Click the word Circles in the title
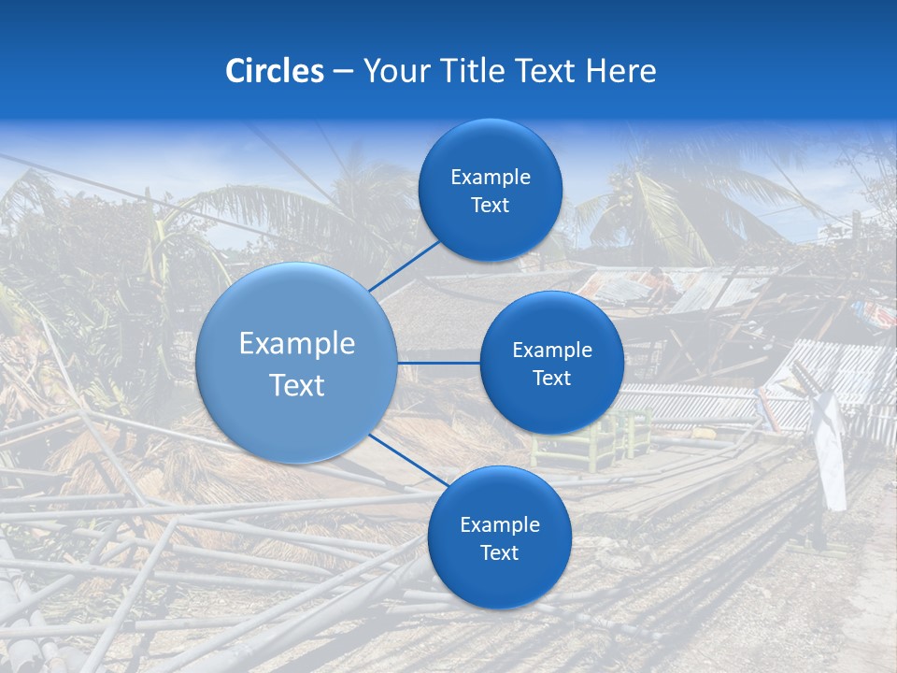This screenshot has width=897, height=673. pos(275,71)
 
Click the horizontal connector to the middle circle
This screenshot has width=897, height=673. pos(438,363)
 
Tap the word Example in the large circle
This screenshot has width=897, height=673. pos(296,344)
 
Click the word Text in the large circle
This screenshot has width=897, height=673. pos(296,385)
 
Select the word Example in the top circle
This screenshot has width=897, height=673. pos(490,178)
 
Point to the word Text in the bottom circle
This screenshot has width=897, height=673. pos(499,553)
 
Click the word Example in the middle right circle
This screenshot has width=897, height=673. pos(551,351)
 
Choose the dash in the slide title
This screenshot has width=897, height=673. pos(343,72)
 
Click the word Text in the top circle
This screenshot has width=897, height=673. pos(490,206)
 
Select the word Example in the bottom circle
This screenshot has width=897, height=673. pos(499,525)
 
